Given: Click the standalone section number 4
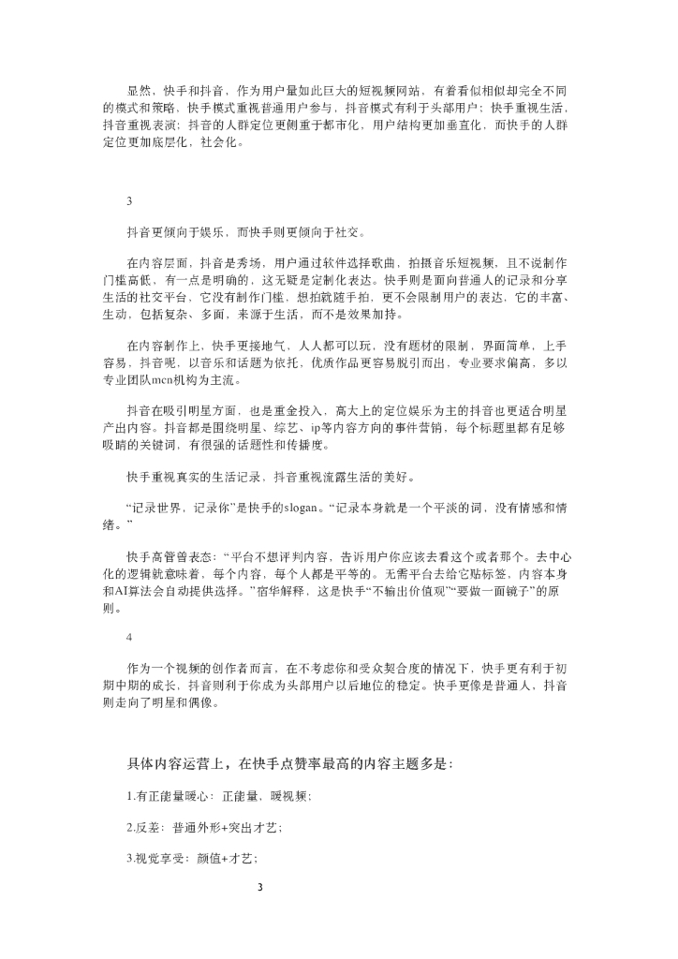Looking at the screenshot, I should [129, 637].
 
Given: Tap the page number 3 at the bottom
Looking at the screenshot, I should [261, 885].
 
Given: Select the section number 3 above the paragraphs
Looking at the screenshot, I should [129, 200].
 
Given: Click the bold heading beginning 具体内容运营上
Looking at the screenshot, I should [289, 763].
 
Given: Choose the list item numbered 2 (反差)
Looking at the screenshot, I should [203, 827].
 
